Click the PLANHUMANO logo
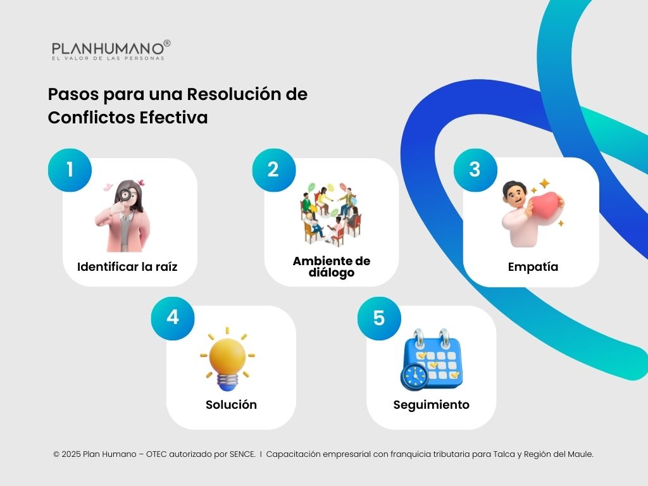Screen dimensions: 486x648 (109, 50)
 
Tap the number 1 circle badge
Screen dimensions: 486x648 (70, 170)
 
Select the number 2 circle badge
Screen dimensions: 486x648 (273, 170)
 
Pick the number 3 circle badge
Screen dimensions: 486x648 (475, 169)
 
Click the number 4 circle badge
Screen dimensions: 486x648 (173, 317)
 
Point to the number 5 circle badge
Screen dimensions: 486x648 (379, 318)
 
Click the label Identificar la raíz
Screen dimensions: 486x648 (127, 266)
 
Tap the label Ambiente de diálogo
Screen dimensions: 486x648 (332, 267)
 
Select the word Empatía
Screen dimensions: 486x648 (533, 266)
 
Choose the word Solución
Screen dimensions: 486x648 (231, 404)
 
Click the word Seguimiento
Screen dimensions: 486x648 (431, 404)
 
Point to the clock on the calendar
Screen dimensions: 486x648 (415, 377)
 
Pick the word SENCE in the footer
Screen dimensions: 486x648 (242, 454)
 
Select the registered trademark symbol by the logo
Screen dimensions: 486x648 (167, 43)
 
